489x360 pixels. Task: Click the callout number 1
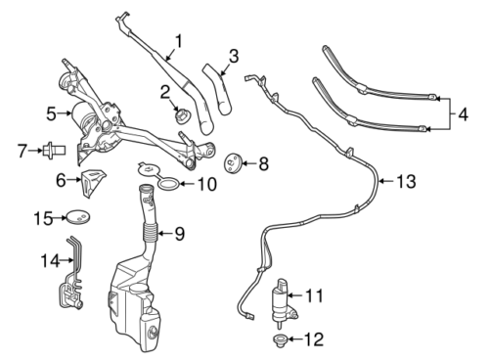pyautogui.click(x=178, y=43)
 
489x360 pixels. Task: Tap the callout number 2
pyautogui.click(x=166, y=93)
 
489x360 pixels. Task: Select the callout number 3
pyautogui.click(x=233, y=55)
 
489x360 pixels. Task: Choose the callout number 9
pyautogui.click(x=179, y=234)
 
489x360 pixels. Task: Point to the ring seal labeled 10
pyautogui.click(x=167, y=183)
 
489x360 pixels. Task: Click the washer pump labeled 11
pyautogui.click(x=282, y=297)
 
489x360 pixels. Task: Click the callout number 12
pyautogui.click(x=314, y=340)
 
